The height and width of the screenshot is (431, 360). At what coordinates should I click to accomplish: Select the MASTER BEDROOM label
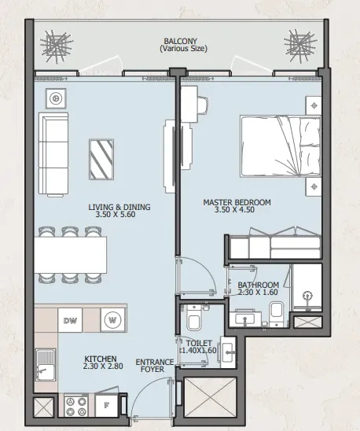237,202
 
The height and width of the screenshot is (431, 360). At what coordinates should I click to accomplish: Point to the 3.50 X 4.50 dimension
237,210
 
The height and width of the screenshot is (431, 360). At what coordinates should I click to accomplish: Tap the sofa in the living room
54,155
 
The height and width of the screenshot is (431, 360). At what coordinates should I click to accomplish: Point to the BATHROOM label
259,285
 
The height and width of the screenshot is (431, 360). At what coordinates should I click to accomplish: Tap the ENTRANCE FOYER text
150,367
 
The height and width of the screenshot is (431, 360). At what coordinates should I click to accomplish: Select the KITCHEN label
101,359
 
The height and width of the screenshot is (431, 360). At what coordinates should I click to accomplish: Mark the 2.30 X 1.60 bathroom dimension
259,293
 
